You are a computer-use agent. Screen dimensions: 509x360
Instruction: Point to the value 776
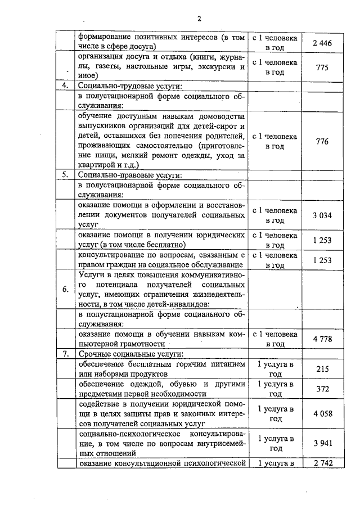pyautogui.click(x=322, y=141)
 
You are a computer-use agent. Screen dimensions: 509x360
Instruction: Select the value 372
pyautogui.click(x=322, y=389)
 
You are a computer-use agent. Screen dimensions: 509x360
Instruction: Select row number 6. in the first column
pyautogui.click(x=65, y=289)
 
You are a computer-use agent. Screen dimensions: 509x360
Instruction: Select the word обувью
pyautogui.click(x=177, y=384)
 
